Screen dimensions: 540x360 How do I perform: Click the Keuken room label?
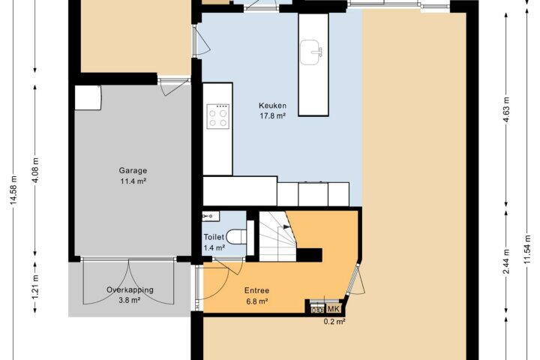pyautogui.click(x=272, y=106)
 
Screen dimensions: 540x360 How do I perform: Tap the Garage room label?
pyautogui.click(x=133, y=170)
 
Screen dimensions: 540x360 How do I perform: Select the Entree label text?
pyautogui.click(x=256, y=290)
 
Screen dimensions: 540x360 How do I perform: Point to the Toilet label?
pyautogui.click(x=214, y=237)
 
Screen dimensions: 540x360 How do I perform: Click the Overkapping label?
pyautogui.click(x=130, y=289)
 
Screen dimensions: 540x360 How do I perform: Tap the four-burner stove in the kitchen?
pyautogui.click(x=218, y=116)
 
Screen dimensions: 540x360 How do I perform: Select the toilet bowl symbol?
pyautogui.click(x=236, y=236)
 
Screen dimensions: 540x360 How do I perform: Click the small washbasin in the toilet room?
pyautogui.click(x=211, y=216)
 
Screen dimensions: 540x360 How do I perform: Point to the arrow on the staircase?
pyautogui.click(x=286, y=227)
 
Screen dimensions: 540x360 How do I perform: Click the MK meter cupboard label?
pyautogui.click(x=333, y=309)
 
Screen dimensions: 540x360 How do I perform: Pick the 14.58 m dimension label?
pyautogui.click(x=13, y=190)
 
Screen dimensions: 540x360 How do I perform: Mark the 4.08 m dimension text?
pyautogui.click(x=35, y=170)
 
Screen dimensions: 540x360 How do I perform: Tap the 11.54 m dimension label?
pyautogui.click(x=527, y=249)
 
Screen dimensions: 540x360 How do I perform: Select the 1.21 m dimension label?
pyautogui.click(x=35, y=287)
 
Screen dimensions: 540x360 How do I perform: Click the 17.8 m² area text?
pyautogui.click(x=273, y=115)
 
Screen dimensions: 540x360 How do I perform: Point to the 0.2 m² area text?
pyautogui.click(x=334, y=322)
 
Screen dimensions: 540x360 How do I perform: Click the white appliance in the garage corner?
pyautogui.click(x=88, y=97)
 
